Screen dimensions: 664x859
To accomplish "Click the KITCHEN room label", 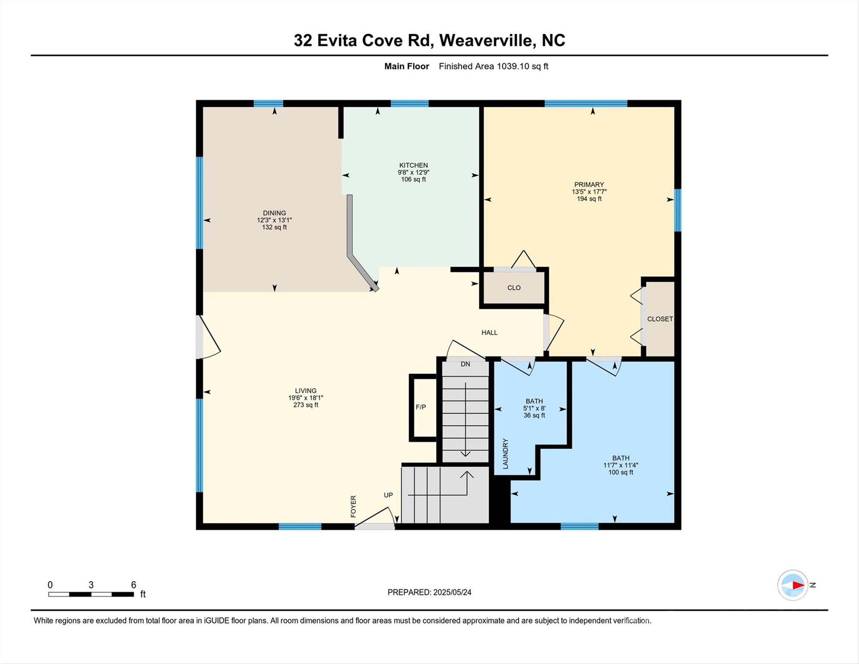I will [413, 165].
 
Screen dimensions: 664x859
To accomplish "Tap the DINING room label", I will [274, 213].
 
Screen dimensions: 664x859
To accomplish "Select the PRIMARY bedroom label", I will [589, 185].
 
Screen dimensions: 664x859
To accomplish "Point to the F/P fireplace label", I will [420, 407].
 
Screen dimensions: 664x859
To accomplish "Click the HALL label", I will [489, 332].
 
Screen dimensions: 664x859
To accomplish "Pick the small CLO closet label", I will [513, 288].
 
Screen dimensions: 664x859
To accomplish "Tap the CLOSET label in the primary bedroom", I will [659, 319].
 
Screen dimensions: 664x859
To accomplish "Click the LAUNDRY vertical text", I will [506, 453].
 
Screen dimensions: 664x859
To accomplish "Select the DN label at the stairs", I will [465, 364].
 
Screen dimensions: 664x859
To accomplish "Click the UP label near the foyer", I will [388, 495].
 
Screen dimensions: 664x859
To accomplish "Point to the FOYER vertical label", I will [353, 506].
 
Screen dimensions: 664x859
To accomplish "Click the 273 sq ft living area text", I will [305, 405].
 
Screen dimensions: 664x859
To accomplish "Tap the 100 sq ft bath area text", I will [620, 472].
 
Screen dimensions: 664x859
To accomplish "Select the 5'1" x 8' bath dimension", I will [534, 408].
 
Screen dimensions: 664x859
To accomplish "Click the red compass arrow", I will [798, 585].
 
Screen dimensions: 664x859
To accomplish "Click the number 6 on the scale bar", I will [134, 585].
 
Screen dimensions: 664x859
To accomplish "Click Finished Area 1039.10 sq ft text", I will [493, 66].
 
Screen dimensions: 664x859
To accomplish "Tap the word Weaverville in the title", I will [487, 40].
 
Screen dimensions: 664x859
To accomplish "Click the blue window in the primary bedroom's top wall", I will [585, 103].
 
